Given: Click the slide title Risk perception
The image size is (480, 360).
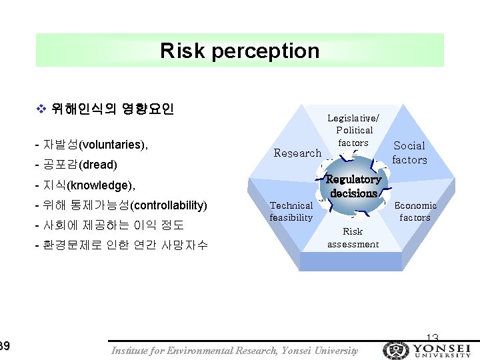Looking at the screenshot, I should click(x=239, y=51).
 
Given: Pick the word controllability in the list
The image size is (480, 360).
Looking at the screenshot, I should click(x=171, y=205).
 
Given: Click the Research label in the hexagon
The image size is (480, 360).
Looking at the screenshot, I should click(x=297, y=153).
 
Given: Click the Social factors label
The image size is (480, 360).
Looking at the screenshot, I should click(x=409, y=153).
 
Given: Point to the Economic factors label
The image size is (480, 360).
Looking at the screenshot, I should click(x=415, y=211).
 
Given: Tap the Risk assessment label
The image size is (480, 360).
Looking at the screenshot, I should click(x=353, y=237).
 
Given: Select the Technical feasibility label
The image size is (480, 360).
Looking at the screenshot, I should click(x=291, y=211).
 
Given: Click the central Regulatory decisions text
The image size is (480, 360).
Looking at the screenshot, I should click(x=353, y=186).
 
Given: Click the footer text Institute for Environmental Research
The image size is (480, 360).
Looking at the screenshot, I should click(x=195, y=351).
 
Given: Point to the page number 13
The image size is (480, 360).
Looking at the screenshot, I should click(x=432, y=338).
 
